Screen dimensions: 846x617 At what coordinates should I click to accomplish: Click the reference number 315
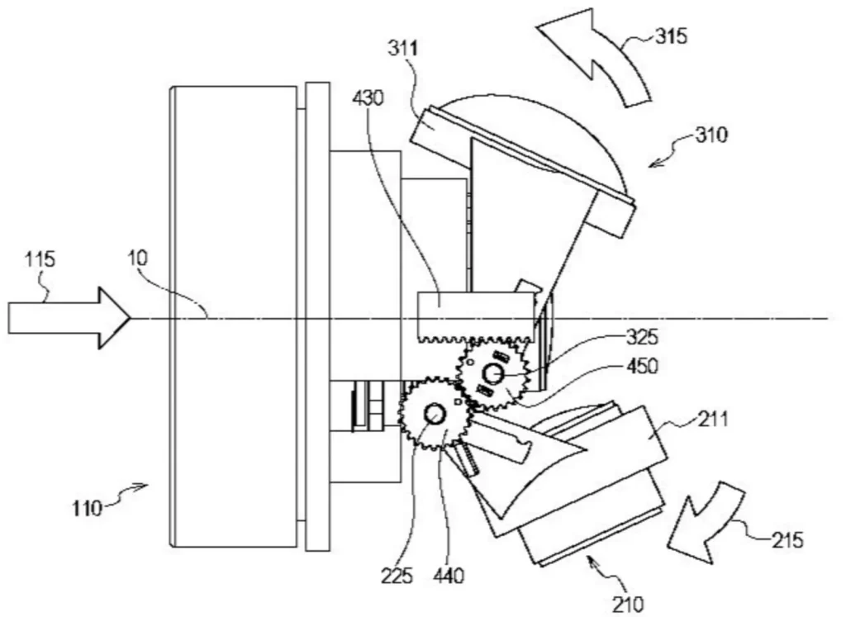pyautogui.click(x=671, y=36)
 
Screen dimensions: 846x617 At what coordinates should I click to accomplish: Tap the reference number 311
pyautogui.click(x=403, y=49)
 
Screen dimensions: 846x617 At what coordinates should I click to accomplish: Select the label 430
pyautogui.click(x=368, y=98)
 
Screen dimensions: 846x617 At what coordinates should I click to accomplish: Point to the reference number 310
pyautogui.click(x=711, y=135)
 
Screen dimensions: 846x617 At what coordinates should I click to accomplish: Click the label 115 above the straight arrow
pyautogui.click(x=40, y=259)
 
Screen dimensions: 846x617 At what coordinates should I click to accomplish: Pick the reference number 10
pyautogui.click(x=138, y=258)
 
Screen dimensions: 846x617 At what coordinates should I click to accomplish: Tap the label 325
pyautogui.click(x=642, y=338)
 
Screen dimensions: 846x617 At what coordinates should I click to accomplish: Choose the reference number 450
pyautogui.click(x=642, y=366)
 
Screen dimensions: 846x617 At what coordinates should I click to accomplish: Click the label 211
pyautogui.click(x=713, y=419)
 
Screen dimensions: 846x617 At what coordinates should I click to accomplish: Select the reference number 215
pyautogui.click(x=787, y=539)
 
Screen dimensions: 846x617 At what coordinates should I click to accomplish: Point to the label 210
pyautogui.click(x=628, y=604)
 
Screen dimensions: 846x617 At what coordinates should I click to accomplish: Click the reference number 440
pyautogui.click(x=449, y=576)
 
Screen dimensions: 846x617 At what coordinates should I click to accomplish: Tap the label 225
pyautogui.click(x=397, y=576)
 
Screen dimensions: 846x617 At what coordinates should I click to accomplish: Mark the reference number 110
pyautogui.click(x=87, y=508)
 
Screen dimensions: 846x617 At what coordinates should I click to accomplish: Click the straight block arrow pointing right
pyautogui.click(x=69, y=318)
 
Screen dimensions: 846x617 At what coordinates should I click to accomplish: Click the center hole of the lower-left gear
pyautogui.click(x=434, y=414)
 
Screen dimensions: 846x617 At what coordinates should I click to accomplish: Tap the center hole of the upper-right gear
pyautogui.click(x=492, y=373)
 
